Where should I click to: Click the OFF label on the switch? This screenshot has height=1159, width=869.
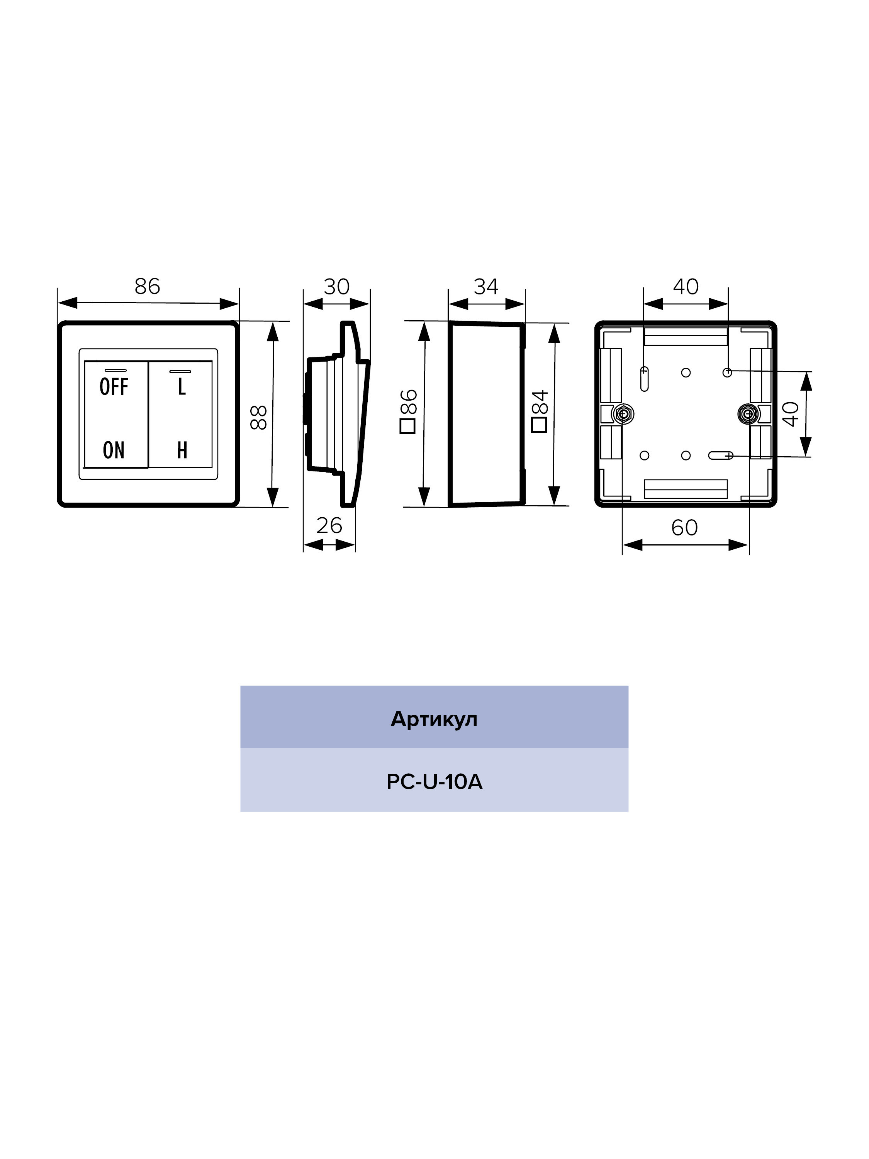(x=114, y=387)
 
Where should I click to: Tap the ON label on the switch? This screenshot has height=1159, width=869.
(x=114, y=450)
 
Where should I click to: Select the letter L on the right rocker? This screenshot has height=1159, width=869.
(x=182, y=387)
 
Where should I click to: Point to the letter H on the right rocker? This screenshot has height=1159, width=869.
(x=182, y=450)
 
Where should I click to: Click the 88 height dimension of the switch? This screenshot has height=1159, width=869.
(x=259, y=417)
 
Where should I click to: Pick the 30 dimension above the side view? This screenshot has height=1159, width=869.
(x=336, y=287)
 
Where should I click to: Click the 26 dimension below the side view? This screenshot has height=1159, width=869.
(x=329, y=525)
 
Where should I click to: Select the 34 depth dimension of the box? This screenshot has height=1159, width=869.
(x=486, y=287)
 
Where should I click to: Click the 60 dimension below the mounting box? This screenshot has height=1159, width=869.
(x=685, y=528)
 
